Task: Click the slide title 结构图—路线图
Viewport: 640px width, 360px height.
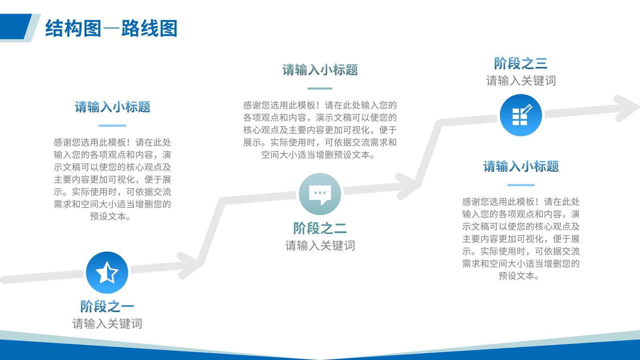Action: click(111, 28)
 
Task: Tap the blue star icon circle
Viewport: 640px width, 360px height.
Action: click(107, 272)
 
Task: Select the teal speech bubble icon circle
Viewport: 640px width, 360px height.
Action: click(320, 194)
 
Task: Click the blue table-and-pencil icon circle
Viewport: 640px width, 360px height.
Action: click(521, 115)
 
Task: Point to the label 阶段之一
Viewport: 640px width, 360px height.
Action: click(107, 306)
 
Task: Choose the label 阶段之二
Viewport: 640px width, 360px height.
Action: click(320, 228)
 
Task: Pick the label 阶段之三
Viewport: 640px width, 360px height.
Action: click(520, 63)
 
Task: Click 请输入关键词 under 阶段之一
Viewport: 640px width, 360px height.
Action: click(107, 324)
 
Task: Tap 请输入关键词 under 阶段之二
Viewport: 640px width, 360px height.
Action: click(320, 246)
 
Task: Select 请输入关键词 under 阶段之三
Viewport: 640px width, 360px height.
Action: click(521, 80)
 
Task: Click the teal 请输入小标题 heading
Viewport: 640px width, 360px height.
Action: click(320, 70)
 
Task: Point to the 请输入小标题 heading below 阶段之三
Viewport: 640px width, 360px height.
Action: click(521, 166)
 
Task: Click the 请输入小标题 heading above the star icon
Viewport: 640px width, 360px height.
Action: click(112, 107)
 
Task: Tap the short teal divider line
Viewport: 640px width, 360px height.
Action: click(320, 88)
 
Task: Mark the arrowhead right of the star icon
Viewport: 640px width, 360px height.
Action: click(190, 265)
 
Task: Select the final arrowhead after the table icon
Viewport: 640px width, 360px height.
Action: click(627, 108)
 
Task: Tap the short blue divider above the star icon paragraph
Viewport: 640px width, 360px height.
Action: click(112, 126)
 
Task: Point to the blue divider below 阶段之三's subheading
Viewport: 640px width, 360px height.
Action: click(521, 185)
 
